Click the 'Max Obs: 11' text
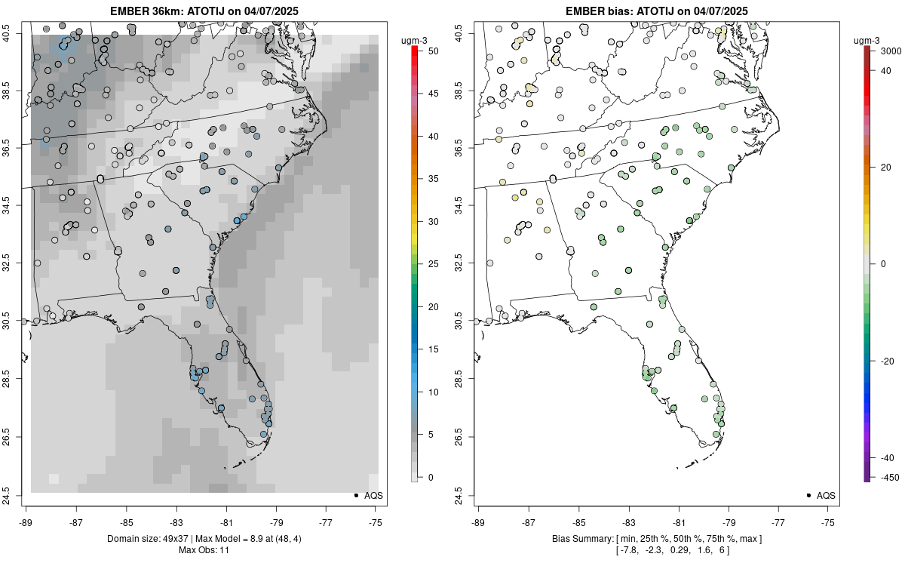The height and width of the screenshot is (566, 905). (x=204, y=550)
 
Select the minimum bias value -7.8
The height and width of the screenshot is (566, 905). (x=627, y=550)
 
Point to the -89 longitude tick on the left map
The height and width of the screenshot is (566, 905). (x=26, y=522)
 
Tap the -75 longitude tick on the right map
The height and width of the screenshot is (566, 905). (x=829, y=522)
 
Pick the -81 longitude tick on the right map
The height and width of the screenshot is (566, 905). (x=679, y=522)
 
